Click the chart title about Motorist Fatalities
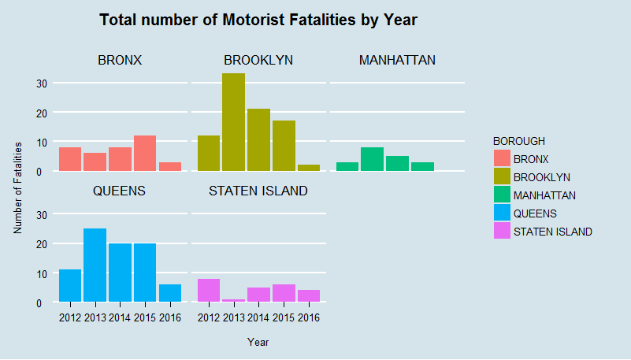(x=258, y=20)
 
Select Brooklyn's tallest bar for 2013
(x=233, y=122)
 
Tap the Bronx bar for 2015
(x=145, y=154)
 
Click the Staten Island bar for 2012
(x=209, y=291)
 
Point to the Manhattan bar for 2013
(x=372, y=159)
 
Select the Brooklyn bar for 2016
(x=309, y=168)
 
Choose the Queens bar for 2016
(x=170, y=293)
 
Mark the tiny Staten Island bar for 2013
(x=234, y=301)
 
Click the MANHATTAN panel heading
(x=397, y=60)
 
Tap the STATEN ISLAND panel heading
(x=258, y=191)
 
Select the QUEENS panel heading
(x=120, y=191)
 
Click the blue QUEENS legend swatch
(x=501, y=213)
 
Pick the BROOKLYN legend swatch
(x=501, y=177)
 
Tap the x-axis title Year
(x=258, y=342)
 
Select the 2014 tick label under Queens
(x=121, y=317)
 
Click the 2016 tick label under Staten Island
(x=309, y=317)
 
